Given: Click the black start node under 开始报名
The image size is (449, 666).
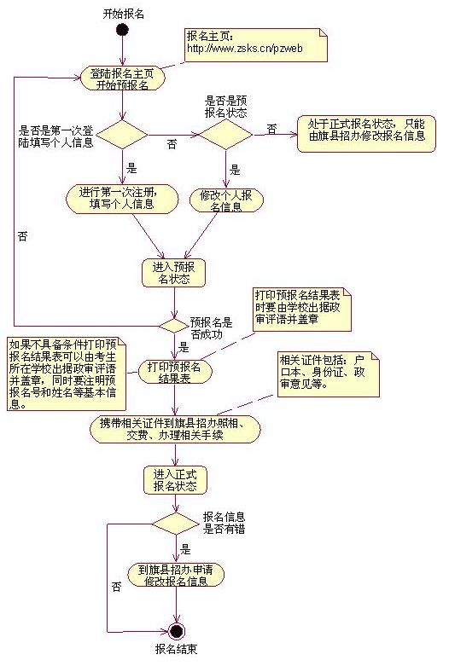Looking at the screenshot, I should pyautogui.click(x=122, y=32).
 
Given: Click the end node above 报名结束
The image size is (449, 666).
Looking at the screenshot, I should pyautogui.click(x=177, y=631).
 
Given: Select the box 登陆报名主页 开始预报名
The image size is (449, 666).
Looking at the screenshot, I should pyautogui.click(x=123, y=78).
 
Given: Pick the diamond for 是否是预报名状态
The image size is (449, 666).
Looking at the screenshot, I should pyautogui.click(x=226, y=134).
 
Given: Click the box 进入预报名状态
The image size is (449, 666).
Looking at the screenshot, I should pyautogui.click(x=174, y=270).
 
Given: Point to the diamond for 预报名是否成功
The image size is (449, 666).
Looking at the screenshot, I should pyautogui.click(x=174, y=324).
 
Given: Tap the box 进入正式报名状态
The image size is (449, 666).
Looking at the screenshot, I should pyautogui.click(x=175, y=480).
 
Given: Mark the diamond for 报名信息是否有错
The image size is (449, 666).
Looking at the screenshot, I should pyautogui.click(x=175, y=523).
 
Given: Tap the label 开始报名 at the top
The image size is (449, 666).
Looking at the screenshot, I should pyautogui.click(x=122, y=14).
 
